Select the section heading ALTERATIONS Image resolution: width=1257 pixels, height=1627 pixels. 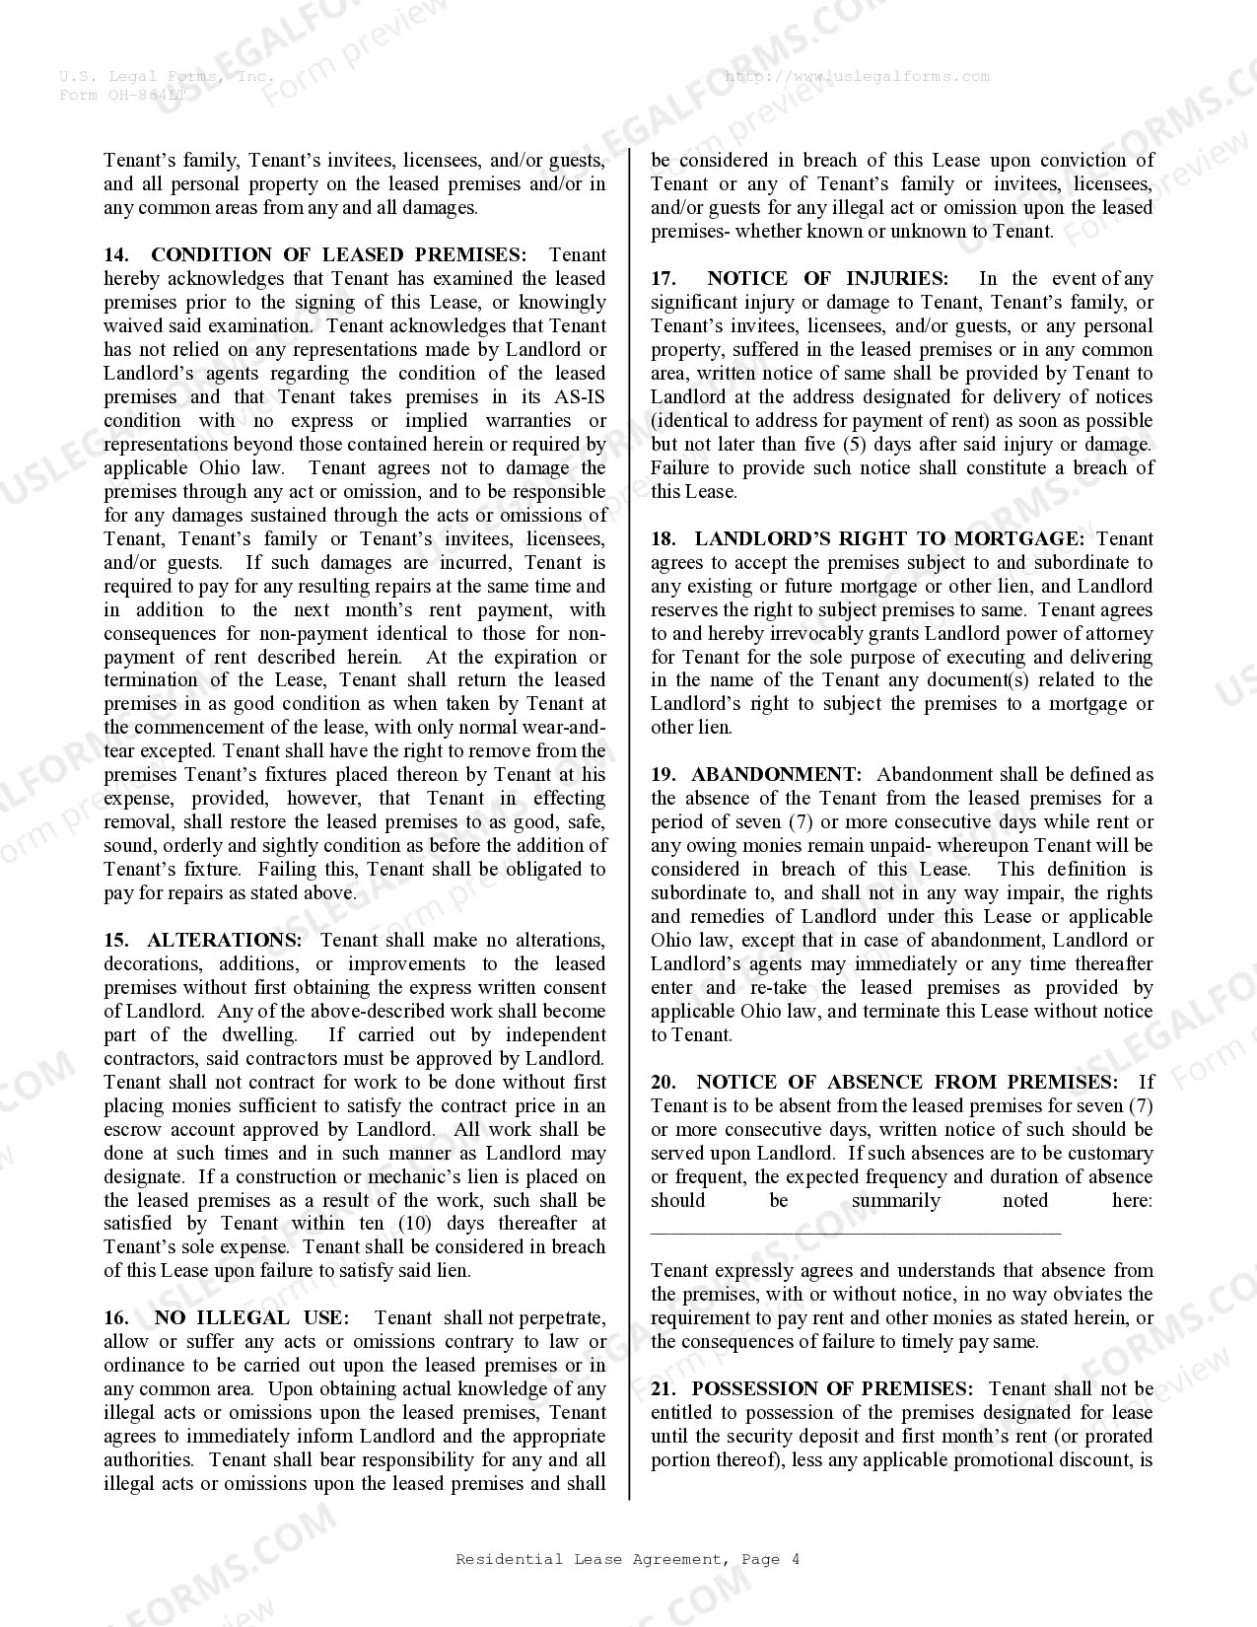point(224,941)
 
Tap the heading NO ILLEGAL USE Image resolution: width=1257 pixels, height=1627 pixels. point(250,1318)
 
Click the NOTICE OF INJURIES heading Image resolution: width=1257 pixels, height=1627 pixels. point(826,279)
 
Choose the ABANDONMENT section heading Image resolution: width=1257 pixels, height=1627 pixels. point(776,775)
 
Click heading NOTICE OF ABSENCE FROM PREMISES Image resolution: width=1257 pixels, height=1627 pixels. point(907,1083)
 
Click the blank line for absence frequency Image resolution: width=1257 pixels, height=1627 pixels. point(855,1230)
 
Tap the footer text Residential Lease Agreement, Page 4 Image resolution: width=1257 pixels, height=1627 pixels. point(628,1559)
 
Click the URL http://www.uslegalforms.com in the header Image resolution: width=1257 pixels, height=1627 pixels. point(857,77)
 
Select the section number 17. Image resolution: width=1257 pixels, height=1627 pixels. point(663,279)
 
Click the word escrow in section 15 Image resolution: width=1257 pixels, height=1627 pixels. point(133,1130)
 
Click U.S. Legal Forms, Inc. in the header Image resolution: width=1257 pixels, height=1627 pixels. point(166,77)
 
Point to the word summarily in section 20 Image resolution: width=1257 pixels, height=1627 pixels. point(895,1201)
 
